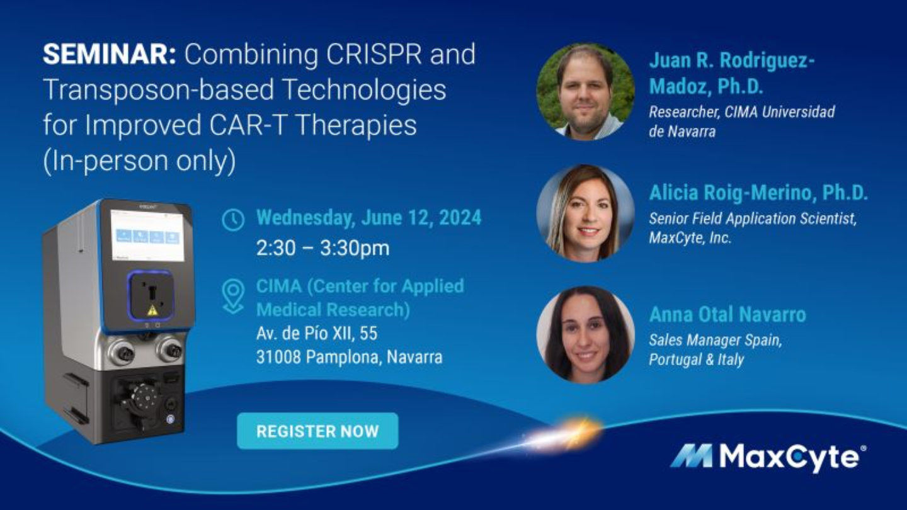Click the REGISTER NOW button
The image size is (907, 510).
click(317, 431)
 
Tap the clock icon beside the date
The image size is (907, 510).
click(233, 220)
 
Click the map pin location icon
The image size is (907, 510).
click(233, 297)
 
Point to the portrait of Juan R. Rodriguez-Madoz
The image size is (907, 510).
click(585, 92)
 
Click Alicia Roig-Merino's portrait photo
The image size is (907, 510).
click(585, 213)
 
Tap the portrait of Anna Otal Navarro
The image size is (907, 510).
click(585, 334)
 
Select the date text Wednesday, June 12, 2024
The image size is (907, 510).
click(368, 218)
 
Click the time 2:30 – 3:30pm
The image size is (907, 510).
click(322, 248)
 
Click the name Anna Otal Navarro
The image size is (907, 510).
click(727, 315)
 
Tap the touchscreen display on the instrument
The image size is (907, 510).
click(147, 235)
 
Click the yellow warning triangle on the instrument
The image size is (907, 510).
click(152, 310)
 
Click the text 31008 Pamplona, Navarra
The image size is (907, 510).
click(349, 358)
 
